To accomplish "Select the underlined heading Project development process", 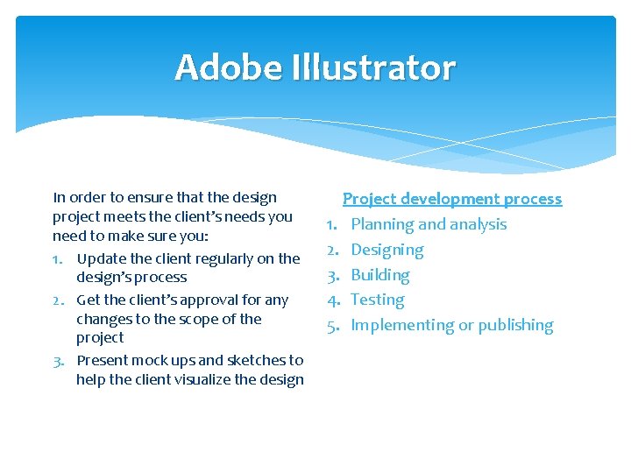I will tap(452, 199).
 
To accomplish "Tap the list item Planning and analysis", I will tap(429, 224).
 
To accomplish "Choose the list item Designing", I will tap(386, 250).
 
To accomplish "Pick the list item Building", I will tap(379, 275).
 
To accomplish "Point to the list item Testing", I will tap(377, 300).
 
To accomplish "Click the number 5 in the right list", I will tap(332, 325).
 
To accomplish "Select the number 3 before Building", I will tap(332, 275).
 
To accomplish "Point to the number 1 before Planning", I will tap(332, 224).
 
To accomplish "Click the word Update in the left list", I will tap(100, 258).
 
